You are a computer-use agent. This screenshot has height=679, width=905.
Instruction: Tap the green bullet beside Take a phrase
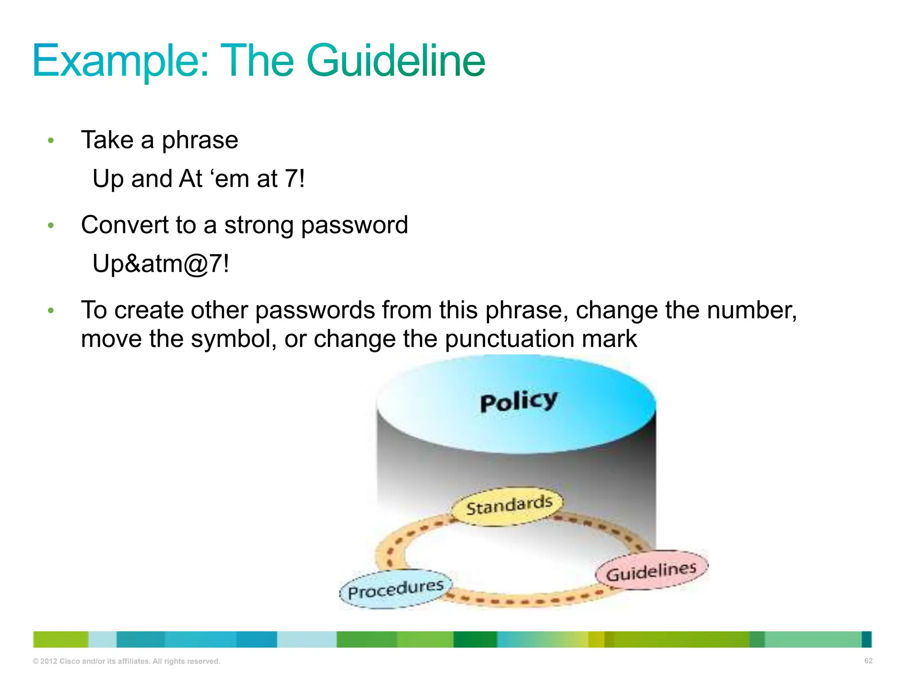51,141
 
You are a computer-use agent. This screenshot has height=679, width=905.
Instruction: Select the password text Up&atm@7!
161,264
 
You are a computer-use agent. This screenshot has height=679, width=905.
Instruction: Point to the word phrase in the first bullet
200,141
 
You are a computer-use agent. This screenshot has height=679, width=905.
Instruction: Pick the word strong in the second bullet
259,225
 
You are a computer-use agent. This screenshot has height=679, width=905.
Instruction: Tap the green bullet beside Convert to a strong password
51,225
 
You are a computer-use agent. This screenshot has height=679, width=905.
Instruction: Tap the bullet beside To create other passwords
51,310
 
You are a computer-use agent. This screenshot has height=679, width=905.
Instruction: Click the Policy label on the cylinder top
519,401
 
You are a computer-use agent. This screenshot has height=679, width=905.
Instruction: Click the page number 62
868,661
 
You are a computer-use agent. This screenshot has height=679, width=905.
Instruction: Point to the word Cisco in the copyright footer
69,661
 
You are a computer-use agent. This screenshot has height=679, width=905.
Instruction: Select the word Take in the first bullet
107,141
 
